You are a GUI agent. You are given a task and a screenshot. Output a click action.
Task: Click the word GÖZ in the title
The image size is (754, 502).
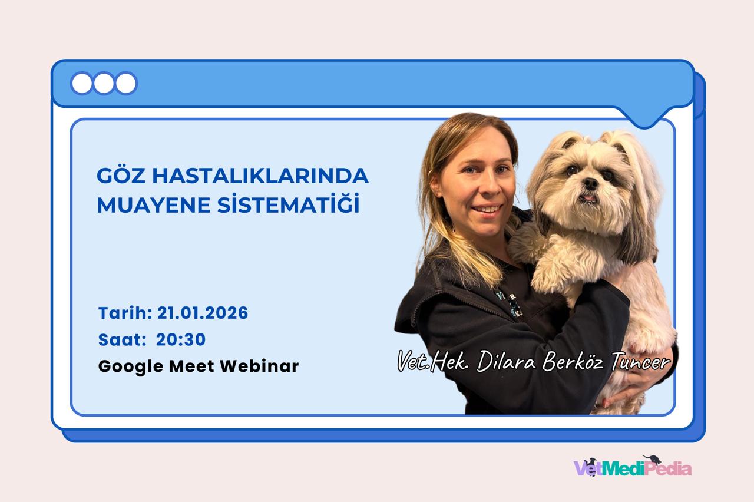pyautogui.click(x=121, y=175)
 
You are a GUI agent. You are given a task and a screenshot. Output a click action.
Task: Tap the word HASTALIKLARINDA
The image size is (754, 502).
pyautogui.click(x=260, y=176)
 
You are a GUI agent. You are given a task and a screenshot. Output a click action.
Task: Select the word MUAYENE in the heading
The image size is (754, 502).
pyautogui.click(x=154, y=205)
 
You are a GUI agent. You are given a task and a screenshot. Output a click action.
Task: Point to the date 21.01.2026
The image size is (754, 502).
pyautogui.click(x=203, y=313)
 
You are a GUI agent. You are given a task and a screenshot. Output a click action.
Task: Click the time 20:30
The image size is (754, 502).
pyautogui.click(x=181, y=340)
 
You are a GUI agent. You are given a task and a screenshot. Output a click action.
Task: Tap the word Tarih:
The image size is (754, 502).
pyautogui.click(x=125, y=313)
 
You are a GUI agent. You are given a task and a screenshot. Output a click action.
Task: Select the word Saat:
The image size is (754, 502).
pyautogui.click(x=122, y=340)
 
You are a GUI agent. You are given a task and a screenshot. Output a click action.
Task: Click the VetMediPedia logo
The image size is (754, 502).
pyautogui.click(x=633, y=466)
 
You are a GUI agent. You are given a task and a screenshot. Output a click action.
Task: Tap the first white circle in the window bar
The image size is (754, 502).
pyautogui.click(x=82, y=83)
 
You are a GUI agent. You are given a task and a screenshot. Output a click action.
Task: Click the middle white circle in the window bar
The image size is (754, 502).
pyautogui.click(x=104, y=83)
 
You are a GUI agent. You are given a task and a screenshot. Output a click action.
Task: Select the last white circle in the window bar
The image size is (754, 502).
pyautogui.click(x=126, y=83)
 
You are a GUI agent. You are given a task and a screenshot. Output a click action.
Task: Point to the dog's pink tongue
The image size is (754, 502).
pyautogui.click(x=588, y=198)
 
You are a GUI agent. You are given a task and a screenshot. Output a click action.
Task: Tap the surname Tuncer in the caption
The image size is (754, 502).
pyautogui.click(x=640, y=362)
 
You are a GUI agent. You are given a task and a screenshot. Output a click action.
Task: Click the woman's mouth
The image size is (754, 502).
pyautogui.click(x=487, y=209)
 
